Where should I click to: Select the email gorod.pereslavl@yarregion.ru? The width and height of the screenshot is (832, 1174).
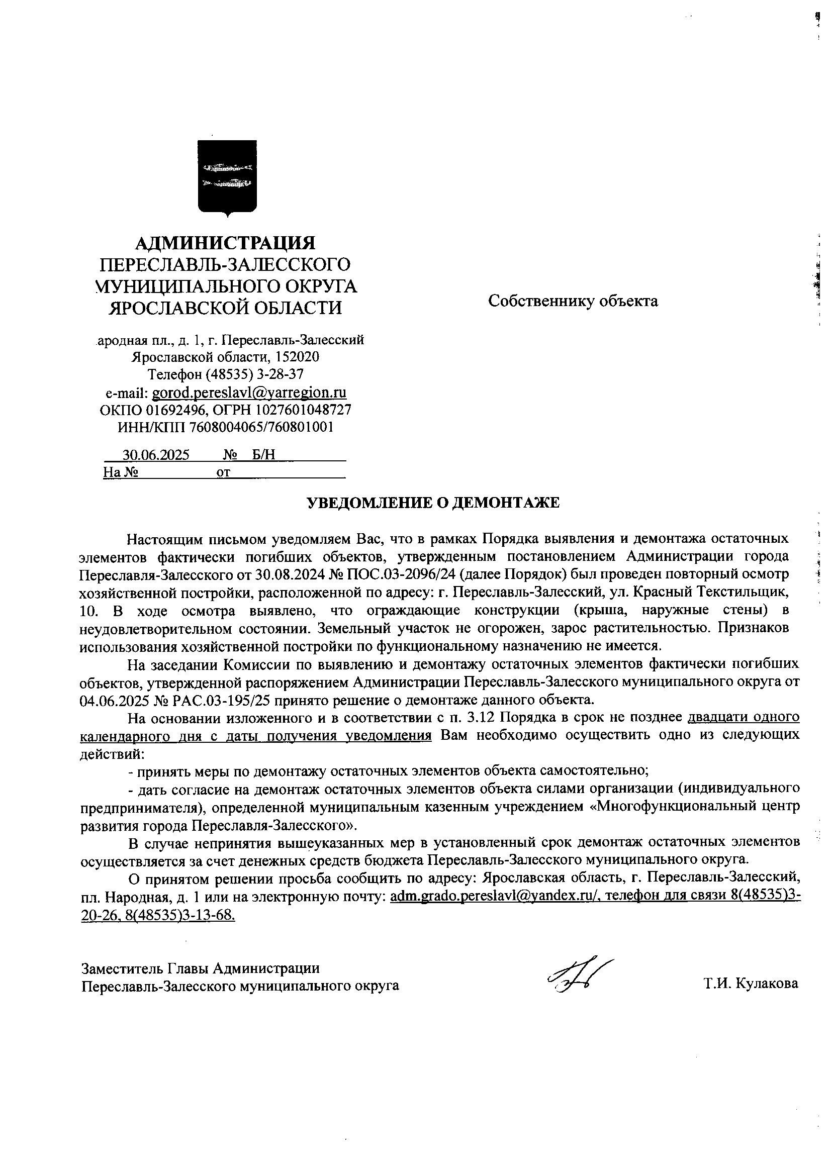(249, 392)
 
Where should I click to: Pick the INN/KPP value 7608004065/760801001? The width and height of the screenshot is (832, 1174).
(261, 427)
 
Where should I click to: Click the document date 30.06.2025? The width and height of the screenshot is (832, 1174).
(155, 455)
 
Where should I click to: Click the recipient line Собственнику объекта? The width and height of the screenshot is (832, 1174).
(573, 301)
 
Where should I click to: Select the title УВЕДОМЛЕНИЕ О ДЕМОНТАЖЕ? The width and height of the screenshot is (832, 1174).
(433, 503)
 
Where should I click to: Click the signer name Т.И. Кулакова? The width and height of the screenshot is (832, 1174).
(751, 983)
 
